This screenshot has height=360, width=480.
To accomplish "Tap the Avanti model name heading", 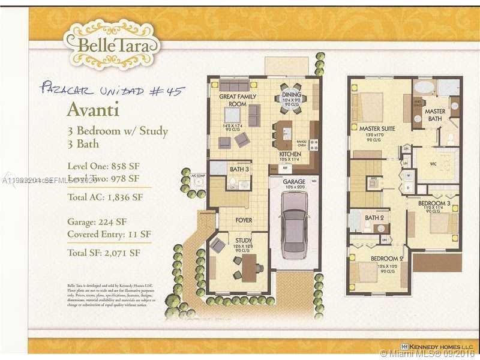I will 92,110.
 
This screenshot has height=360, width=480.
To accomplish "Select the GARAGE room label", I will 294,181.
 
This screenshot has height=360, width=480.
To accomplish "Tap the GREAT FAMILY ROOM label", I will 238,100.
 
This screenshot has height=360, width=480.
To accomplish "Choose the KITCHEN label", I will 290,154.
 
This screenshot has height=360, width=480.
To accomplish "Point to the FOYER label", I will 244,220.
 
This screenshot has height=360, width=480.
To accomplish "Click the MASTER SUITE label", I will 377,128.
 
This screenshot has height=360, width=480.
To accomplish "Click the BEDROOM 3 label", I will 434,203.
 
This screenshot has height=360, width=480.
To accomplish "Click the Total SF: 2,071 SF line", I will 104,253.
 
